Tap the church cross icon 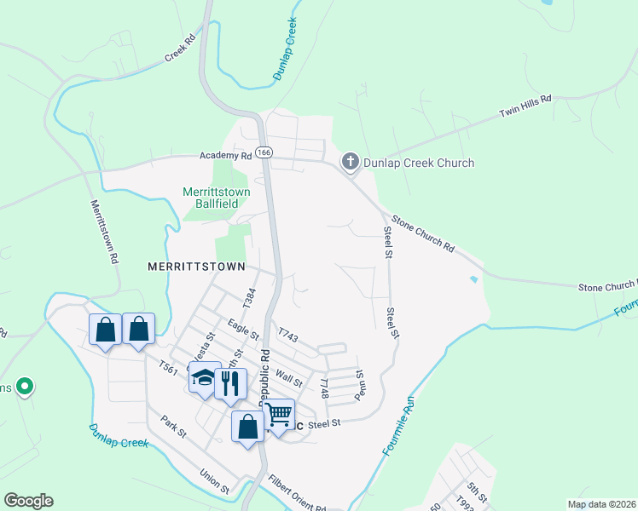350,162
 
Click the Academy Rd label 226,156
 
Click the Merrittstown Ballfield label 217,198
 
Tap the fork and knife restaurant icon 229,382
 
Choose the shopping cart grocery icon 278,414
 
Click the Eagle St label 243,328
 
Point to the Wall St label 289,377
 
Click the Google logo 28,501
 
